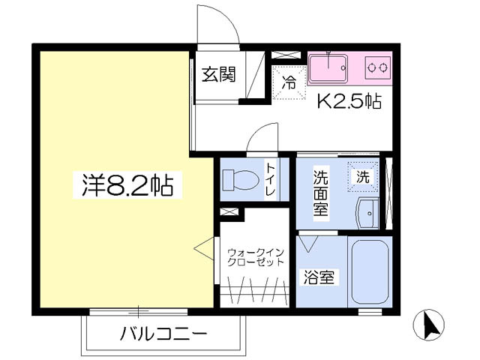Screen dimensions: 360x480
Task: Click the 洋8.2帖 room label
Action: (x=127, y=184)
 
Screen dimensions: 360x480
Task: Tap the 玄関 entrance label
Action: (x=219, y=74)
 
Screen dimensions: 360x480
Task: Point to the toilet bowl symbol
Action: (x=240, y=181)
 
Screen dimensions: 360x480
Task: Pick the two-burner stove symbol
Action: (x=377, y=67)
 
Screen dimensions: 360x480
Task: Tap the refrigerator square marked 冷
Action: (x=288, y=82)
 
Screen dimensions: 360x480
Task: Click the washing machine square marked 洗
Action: (x=363, y=178)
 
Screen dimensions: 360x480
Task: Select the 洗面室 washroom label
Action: (x=320, y=193)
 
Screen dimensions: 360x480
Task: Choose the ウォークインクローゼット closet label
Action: (x=255, y=257)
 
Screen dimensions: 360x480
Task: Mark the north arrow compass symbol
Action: (x=430, y=325)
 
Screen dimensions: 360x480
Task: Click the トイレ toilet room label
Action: (x=270, y=181)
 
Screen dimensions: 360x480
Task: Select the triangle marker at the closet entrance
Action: (x=203, y=247)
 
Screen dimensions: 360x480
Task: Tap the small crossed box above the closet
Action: (x=230, y=213)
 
